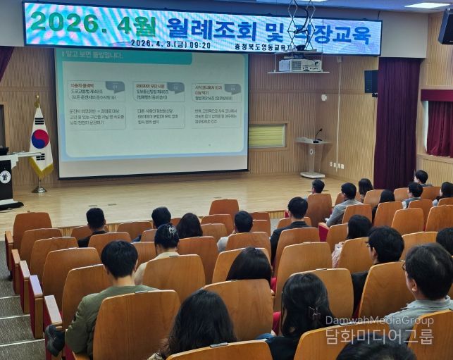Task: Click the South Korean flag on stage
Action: coord(40,142)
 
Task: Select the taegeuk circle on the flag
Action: coord(40,138)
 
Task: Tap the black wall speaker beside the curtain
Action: coord(371,81)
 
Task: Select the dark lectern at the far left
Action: coord(8,179)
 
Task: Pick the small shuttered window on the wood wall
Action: coord(267,136)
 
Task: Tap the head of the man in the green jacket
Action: coord(119,260)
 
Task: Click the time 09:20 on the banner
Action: coord(199,44)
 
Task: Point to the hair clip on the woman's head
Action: coord(314,313)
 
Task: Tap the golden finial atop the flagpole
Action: coord(37,99)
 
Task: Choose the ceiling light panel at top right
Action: coord(427,5)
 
